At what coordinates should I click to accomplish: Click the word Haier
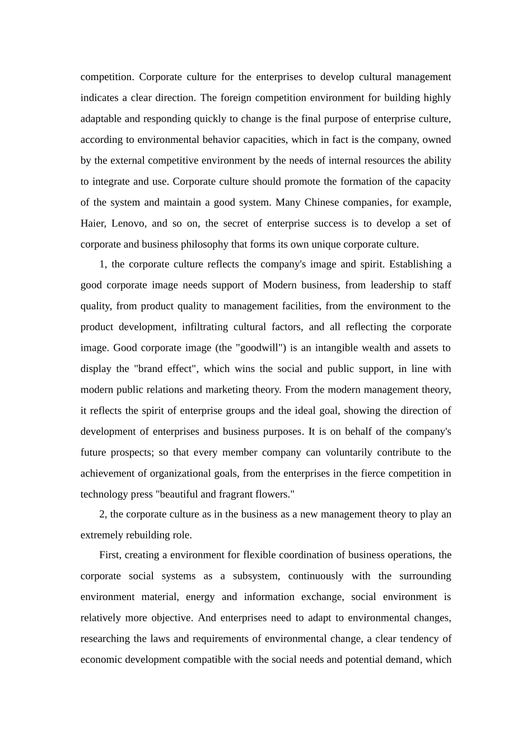point(92,224)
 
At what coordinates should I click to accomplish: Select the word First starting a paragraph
point(109,555)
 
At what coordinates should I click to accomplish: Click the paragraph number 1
point(102,264)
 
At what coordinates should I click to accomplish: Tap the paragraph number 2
point(102,514)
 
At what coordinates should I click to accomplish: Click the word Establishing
point(416,264)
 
